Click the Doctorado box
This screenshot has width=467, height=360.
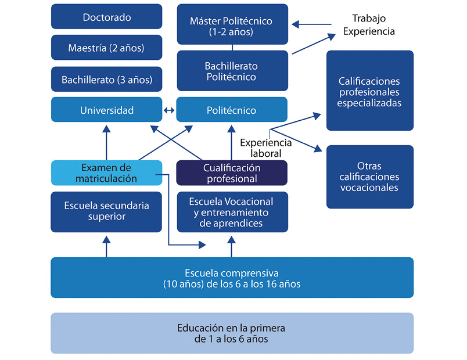[106, 17]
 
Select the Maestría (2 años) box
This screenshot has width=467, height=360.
[106, 48]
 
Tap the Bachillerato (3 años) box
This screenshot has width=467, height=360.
[106, 79]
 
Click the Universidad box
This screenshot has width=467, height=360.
[106, 110]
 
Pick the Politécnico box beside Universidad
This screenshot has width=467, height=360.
[232, 110]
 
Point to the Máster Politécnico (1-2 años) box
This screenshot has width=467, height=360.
[232, 26]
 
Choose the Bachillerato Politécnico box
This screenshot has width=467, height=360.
[232, 71]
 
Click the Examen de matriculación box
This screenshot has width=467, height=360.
[106, 172]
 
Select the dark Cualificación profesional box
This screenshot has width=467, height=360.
[232, 172]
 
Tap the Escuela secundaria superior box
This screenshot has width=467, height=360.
[106, 211]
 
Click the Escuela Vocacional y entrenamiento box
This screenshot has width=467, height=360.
[232, 211]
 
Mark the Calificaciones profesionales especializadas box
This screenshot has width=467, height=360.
[369, 91]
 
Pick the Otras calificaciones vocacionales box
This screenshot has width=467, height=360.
[369, 177]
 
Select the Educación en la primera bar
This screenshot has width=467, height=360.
[232, 333]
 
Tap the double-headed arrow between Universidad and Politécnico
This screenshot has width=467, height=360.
[169, 110]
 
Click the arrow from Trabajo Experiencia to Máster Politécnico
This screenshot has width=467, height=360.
[311, 24]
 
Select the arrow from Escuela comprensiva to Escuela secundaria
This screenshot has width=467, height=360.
[106, 246]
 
